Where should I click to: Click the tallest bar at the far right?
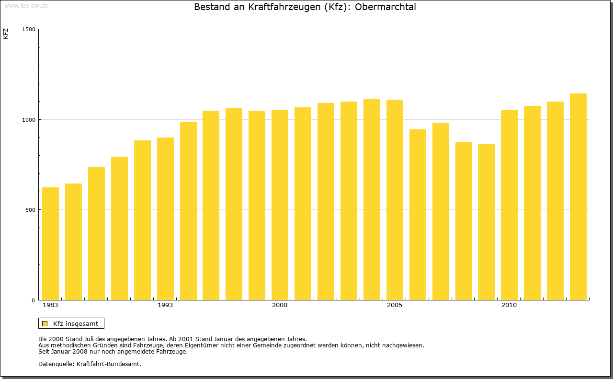578,196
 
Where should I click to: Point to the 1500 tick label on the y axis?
29,29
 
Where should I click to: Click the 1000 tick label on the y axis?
29,120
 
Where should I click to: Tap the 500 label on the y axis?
31,210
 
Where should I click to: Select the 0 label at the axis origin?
34,300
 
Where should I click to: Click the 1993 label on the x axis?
165,305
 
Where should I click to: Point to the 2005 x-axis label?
395,305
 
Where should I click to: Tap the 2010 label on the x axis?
509,305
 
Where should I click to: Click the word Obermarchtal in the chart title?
386,7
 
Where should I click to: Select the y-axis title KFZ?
6,34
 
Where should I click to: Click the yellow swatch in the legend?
45,323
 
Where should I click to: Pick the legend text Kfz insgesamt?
76,323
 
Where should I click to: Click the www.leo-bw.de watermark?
26,5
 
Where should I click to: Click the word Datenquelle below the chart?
56,364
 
